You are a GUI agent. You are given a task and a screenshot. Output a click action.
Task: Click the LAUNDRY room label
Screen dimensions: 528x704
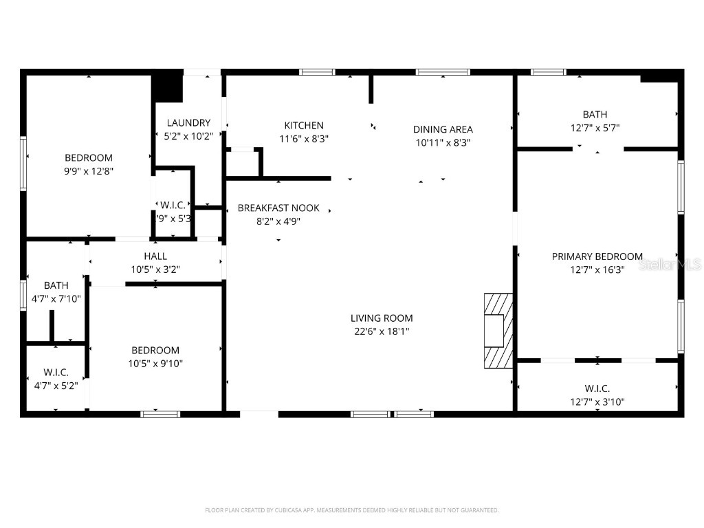click(188, 123)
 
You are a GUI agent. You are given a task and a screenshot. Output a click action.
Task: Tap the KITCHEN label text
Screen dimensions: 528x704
click(304, 125)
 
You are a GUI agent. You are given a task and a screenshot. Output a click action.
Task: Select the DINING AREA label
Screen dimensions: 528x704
click(443, 129)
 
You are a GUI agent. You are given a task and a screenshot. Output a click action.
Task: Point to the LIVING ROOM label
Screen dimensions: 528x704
click(382, 318)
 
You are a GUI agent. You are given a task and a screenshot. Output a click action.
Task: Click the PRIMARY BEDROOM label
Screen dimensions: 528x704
click(597, 256)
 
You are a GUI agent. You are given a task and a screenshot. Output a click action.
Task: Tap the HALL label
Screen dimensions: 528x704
click(155, 256)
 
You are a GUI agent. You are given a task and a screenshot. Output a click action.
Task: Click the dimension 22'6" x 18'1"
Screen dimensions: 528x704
click(382, 331)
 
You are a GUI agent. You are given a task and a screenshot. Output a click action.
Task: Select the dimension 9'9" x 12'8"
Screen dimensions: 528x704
click(89, 171)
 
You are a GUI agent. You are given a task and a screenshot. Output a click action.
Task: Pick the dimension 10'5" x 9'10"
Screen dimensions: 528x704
click(155, 364)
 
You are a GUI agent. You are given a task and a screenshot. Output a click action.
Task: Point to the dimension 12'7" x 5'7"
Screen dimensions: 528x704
click(595, 128)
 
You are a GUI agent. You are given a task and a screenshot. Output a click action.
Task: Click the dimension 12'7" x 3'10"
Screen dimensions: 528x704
click(597, 402)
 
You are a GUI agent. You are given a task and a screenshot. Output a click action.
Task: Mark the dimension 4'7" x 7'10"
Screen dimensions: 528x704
click(56, 298)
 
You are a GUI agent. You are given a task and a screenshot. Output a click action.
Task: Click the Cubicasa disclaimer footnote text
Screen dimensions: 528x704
click(352, 510)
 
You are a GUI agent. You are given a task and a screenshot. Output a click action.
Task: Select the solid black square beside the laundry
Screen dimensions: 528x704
click(166, 87)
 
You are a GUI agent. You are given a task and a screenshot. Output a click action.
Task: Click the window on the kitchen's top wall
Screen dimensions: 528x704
click(317, 72)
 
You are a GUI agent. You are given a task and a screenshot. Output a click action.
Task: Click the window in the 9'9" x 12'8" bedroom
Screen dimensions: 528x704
click(23, 163)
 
